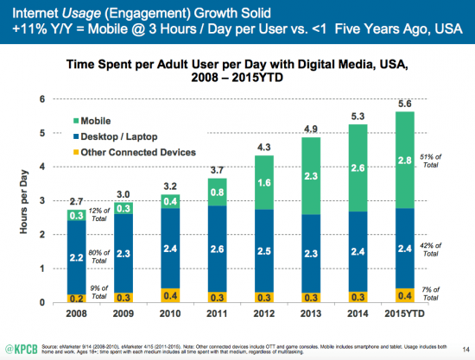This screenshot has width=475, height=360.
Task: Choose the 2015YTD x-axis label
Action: (403, 313)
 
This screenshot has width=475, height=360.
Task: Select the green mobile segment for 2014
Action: (355, 167)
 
